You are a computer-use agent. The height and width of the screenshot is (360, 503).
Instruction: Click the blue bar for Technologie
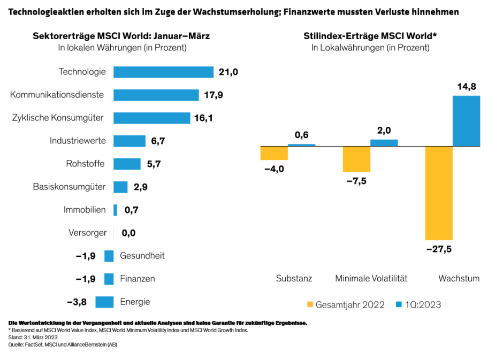[163, 72]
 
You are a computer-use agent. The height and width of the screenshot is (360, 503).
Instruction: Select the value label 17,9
[214, 95]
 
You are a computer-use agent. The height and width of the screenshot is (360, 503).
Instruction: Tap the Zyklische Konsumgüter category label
[58, 118]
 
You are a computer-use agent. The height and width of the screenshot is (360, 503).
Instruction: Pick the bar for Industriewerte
[129, 141]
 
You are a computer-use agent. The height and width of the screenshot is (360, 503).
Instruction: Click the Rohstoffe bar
[127, 164]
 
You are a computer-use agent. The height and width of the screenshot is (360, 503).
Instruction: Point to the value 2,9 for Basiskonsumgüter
[140, 187]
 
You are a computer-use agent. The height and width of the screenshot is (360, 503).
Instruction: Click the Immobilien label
[85, 210]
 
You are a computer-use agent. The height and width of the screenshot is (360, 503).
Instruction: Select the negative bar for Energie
[104, 302]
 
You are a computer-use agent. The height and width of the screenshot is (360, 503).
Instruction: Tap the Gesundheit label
[142, 256]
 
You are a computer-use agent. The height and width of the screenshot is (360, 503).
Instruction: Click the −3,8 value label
[77, 302]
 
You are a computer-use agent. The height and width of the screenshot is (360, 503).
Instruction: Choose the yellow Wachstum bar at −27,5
[439, 193]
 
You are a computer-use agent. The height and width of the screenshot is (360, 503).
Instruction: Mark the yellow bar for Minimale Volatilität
[356, 159]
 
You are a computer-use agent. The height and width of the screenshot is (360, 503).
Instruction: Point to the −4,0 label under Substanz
[273, 169]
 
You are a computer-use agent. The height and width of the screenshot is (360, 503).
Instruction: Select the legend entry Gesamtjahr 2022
[345, 305]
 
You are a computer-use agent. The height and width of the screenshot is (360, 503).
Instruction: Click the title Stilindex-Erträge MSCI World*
[370, 36]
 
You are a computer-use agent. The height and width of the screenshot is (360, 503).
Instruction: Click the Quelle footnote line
[63, 345]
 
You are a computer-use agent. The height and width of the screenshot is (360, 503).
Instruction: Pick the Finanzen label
[138, 279]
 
